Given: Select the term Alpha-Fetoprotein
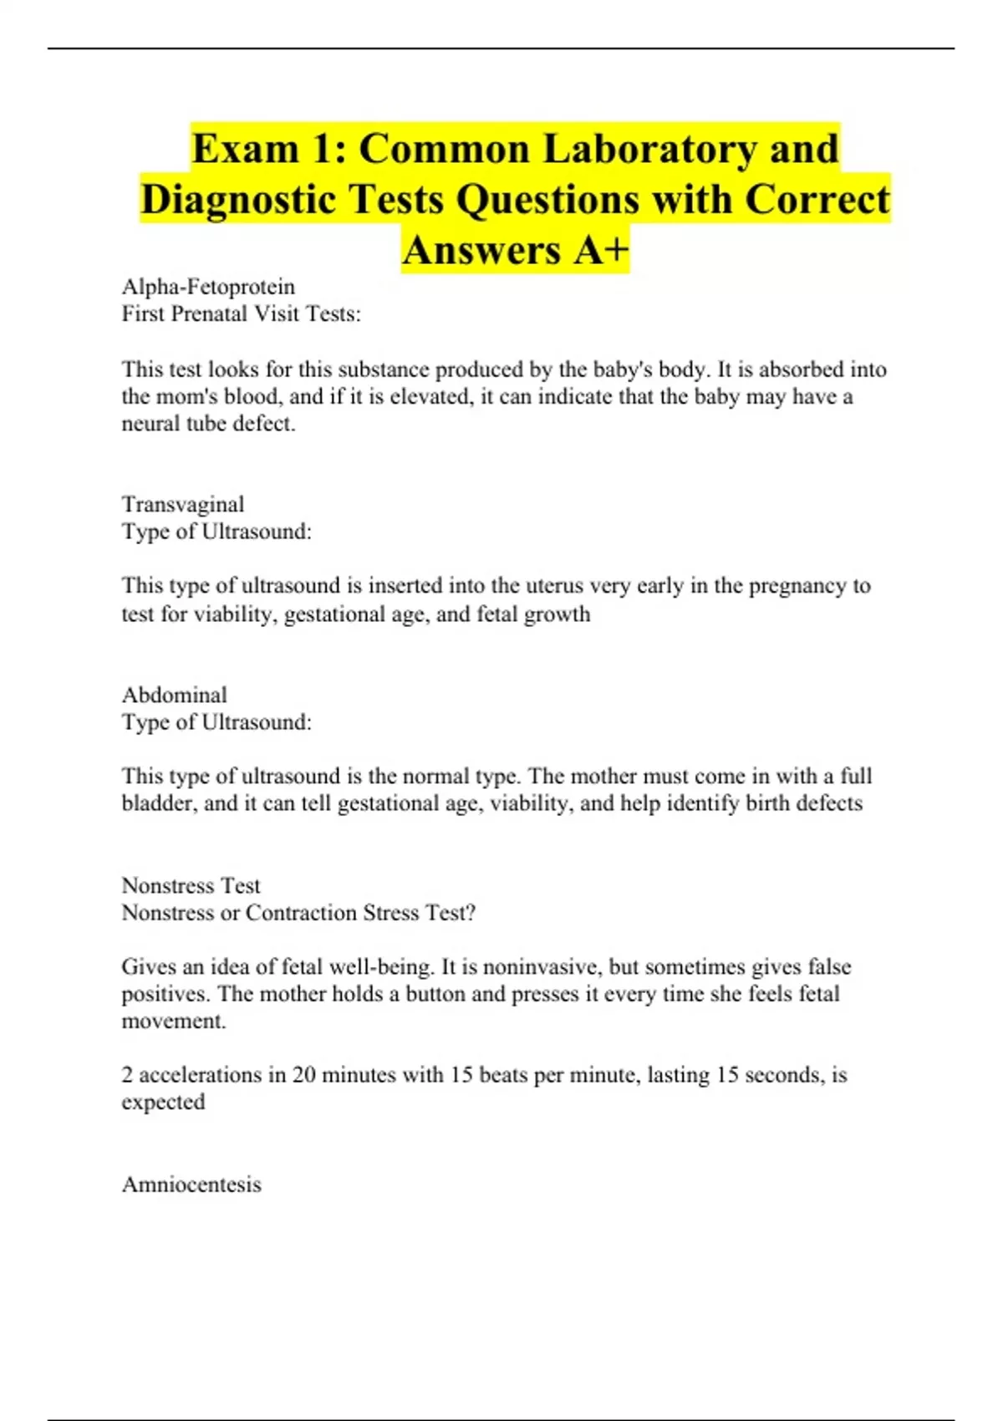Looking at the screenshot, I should coord(208,287).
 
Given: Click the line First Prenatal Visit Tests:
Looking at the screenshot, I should coord(242,314).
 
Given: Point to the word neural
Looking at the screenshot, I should coord(150,424).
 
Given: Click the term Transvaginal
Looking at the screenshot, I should coord(183,504).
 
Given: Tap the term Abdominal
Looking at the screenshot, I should coord(175,695).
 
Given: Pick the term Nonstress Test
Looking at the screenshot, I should coord(191,885).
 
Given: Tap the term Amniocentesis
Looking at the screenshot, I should coord(191,1184).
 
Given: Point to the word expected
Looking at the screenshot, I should coord(163,1102).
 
